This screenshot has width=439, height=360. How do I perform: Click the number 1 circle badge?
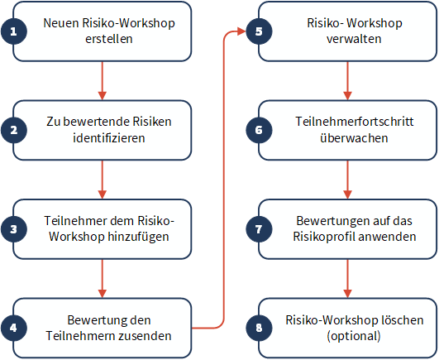(x=14, y=31)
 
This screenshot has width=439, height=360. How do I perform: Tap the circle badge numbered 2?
(x=14, y=130)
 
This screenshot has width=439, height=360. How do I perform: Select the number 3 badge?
(x=14, y=229)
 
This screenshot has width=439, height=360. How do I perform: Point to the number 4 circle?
(x=14, y=328)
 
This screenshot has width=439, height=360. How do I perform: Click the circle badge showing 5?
(x=259, y=31)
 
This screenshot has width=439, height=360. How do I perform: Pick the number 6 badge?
(x=259, y=130)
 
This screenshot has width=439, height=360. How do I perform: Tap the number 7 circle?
(x=259, y=229)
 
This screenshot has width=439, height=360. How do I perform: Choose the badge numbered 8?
(x=259, y=328)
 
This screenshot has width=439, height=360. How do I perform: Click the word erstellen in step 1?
(x=109, y=39)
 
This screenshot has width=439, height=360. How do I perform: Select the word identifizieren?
(x=109, y=138)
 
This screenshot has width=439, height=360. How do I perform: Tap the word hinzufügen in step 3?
(x=138, y=237)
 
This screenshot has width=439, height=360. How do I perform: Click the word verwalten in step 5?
(x=354, y=39)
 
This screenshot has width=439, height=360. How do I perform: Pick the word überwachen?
(x=354, y=138)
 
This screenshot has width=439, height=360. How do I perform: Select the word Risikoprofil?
(x=324, y=237)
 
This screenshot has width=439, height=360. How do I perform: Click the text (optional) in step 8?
(x=354, y=336)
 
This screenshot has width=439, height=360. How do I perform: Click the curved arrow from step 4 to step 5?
(x=224, y=180)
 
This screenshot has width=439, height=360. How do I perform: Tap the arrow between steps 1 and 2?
(x=103, y=80)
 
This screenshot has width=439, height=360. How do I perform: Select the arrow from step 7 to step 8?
(x=347, y=278)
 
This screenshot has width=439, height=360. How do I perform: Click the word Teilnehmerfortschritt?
(x=355, y=122)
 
